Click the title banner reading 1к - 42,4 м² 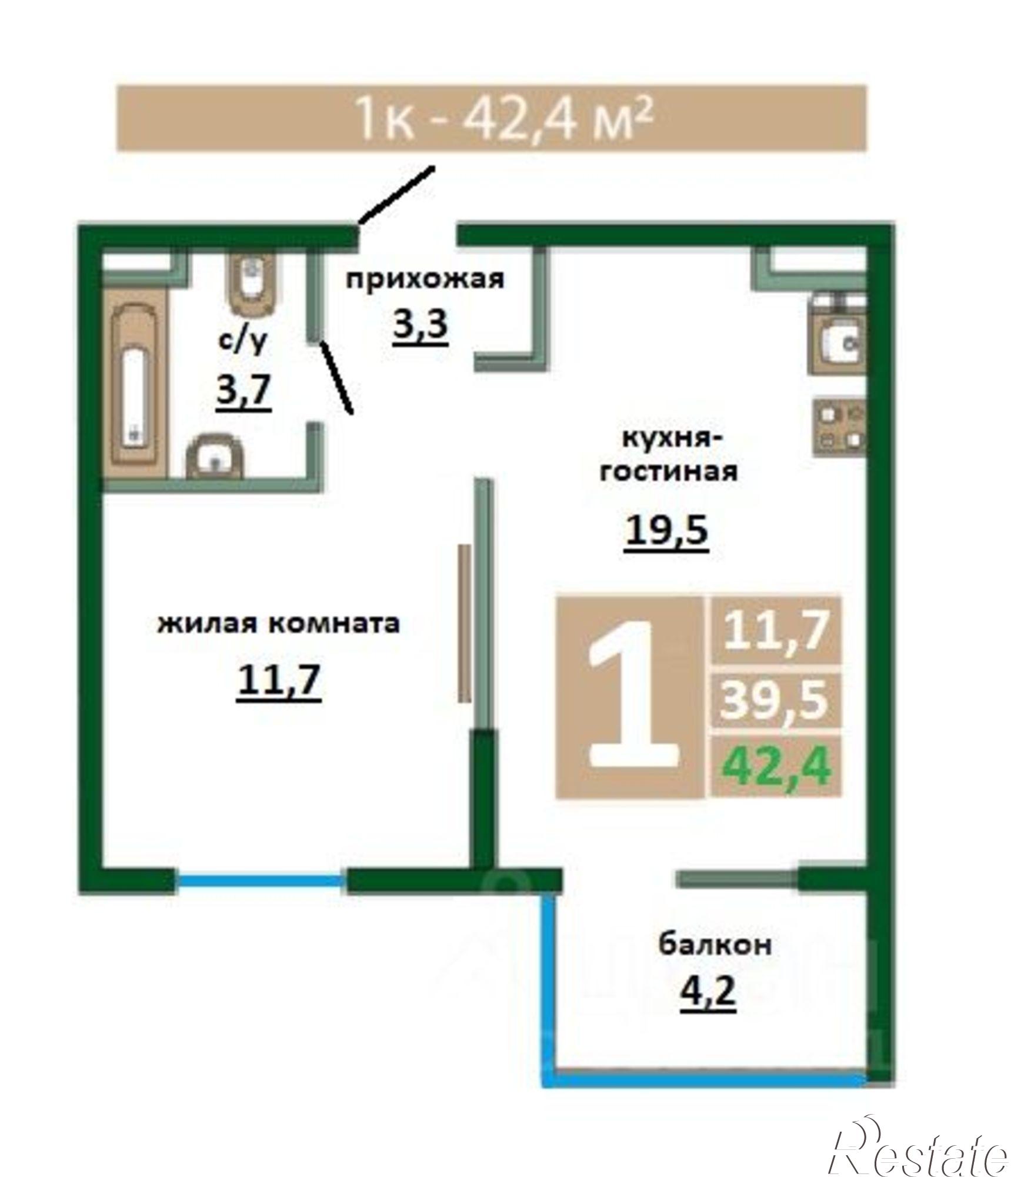(491, 118)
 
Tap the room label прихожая (424, 279)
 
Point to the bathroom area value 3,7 (243, 391)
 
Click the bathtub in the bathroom (135, 383)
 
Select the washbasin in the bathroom (215, 456)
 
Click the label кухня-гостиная (669, 455)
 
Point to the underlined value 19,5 (666, 531)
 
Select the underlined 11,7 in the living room (278, 681)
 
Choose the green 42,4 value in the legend (776, 766)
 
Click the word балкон (714, 943)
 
